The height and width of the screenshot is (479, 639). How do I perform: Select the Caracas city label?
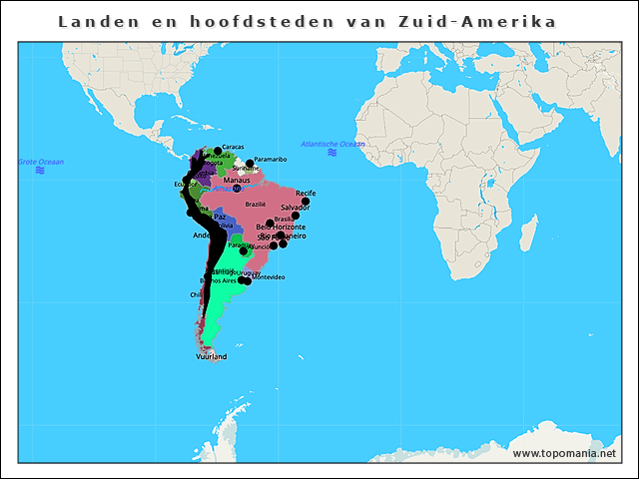coord(233,147)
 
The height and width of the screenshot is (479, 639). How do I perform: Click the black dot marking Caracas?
coord(218,151)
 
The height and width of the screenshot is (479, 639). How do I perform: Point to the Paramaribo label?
coord(271,159)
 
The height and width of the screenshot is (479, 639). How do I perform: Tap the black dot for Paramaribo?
coord(250,164)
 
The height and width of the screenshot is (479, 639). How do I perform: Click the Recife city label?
coord(306,193)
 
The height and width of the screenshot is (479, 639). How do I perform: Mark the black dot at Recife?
coord(306,202)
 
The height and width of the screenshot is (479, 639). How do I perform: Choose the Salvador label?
coord(296,207)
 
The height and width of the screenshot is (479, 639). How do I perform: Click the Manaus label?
coord(237,180)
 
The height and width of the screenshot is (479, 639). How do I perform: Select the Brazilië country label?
coord(256,204)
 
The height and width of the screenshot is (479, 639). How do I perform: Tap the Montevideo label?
coord(268,276)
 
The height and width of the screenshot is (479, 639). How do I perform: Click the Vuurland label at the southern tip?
coord(212,356)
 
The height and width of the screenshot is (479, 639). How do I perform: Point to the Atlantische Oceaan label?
coord(332,144)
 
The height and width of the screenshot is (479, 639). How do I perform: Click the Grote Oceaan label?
coord(41,161)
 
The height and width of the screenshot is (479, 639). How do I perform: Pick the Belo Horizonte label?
coord(281,228)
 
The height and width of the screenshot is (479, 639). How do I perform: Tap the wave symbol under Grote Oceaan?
coord(40,171)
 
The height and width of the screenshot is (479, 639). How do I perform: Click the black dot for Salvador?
coord(296,216)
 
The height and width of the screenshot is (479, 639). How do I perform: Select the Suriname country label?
coord(245,169)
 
